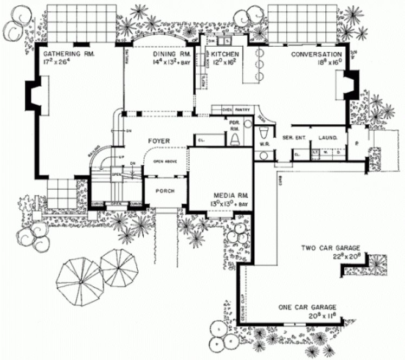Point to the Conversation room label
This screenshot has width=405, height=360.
(316, 54)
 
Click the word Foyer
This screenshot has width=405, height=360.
(159, 141)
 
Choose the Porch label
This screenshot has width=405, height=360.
(164, 191)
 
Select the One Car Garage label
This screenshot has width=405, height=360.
(308, 306)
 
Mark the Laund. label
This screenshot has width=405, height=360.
(329, 138)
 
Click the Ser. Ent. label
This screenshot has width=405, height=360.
(294, 138)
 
